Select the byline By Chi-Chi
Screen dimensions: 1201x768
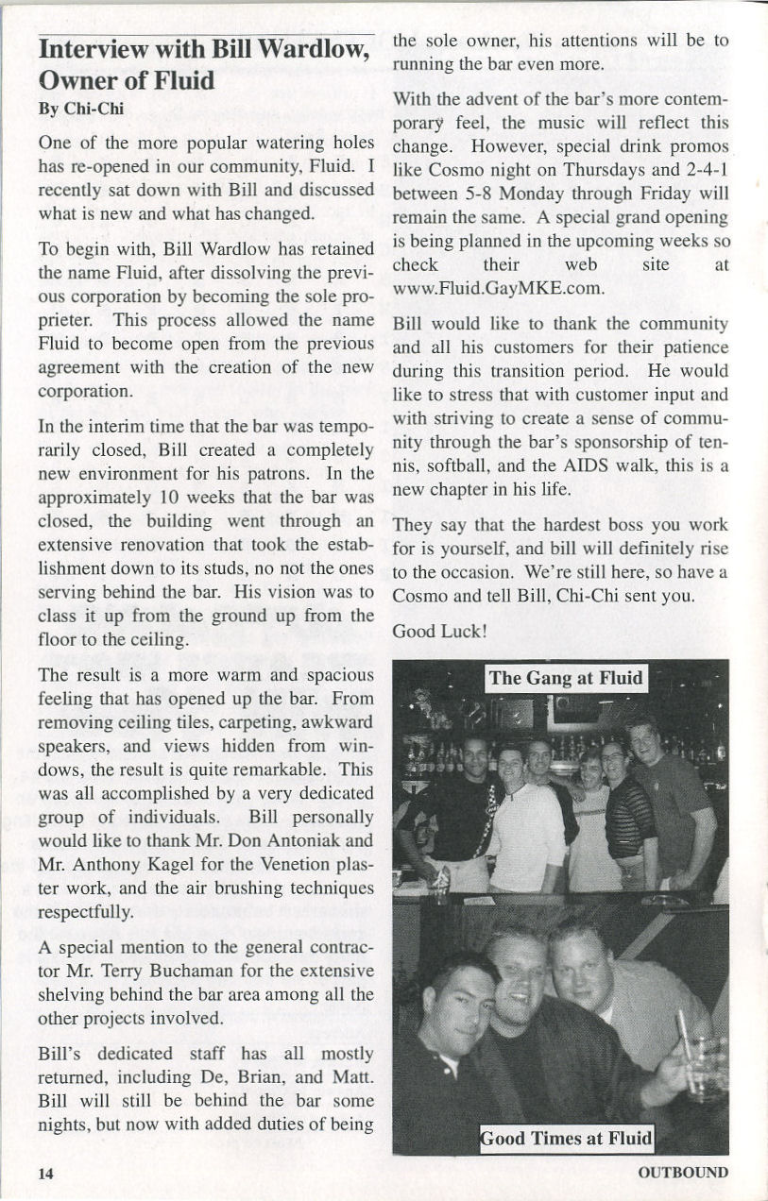coord(81,109)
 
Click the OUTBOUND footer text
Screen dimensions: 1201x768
coord(683,1173)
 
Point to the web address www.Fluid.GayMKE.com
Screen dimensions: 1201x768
coord(498,287)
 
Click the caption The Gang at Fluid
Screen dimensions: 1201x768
coord(566,678)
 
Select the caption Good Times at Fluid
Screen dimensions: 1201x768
coord(566,1138)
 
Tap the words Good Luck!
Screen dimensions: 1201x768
coord(439,631)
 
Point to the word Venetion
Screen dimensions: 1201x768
coord(293,863)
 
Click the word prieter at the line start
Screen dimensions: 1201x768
coord(65,321)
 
